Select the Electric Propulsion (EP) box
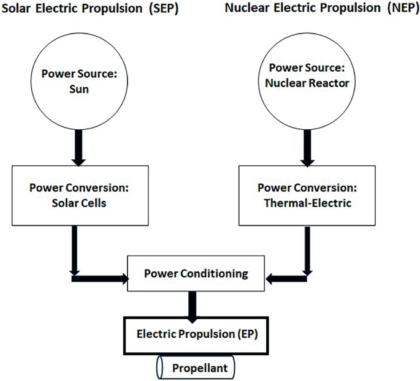click(x=193, y=335)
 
